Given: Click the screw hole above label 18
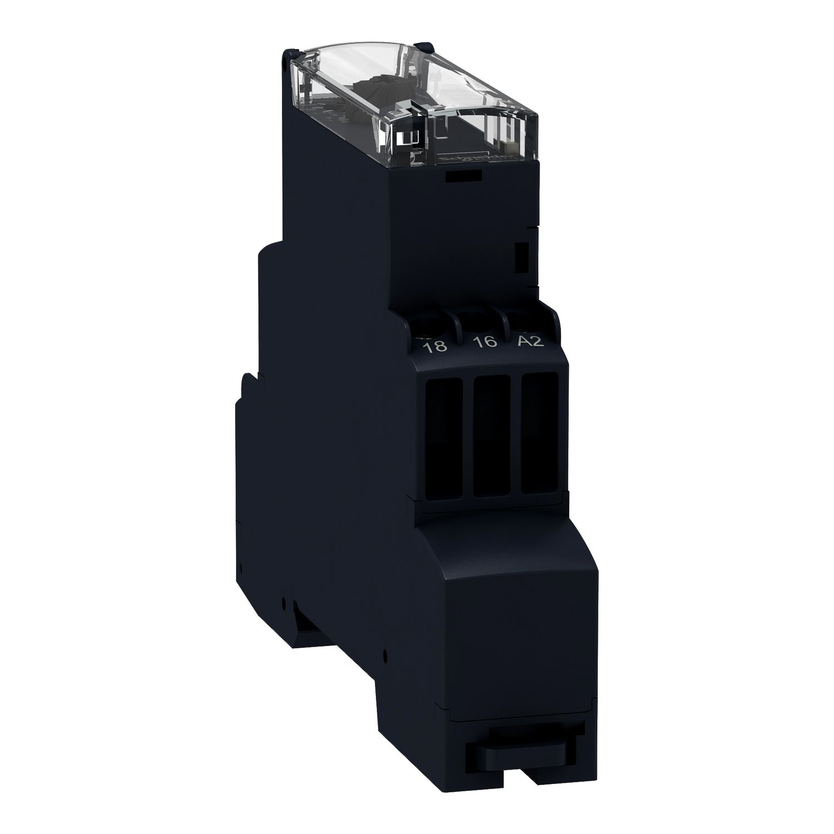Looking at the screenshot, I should tap(431, 324).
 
